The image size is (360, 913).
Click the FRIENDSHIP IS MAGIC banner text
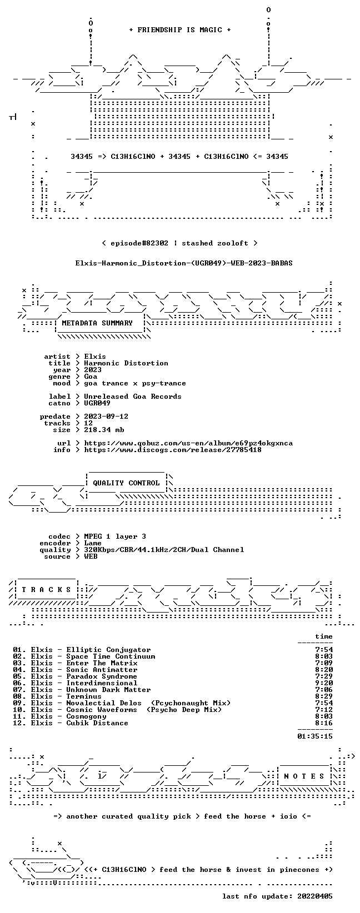pos(180,30)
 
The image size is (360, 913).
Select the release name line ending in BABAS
pos(184,263)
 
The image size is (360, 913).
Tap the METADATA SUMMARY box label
pos(97,323)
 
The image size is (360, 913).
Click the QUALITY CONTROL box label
pos(126,483)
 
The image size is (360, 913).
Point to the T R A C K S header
pos(46,589)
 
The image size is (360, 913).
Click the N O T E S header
pos(304,776)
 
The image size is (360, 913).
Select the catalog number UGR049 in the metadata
pos(97,403)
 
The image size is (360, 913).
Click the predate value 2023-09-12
pos(106,417)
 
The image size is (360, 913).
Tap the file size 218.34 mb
pos(104,430)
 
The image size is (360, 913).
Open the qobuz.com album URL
pos(188,443)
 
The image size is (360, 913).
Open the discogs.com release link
pos(173,450)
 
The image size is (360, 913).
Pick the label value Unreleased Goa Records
pos(133,396)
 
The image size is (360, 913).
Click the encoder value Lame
pos(93,543)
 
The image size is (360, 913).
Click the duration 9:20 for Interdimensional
pos(324,683)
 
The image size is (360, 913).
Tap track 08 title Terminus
pos(84,696)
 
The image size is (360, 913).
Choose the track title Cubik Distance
pos(97,723)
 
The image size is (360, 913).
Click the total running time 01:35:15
pos(315,736)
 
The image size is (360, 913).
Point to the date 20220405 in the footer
pos(315,896)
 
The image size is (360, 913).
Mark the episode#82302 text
pos(139,243)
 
